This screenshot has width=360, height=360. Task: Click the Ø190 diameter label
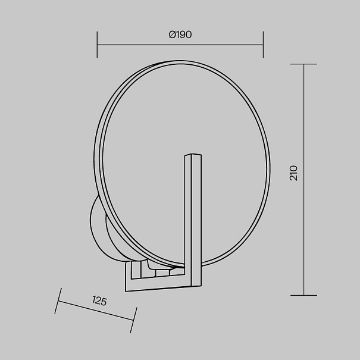pos(180,35)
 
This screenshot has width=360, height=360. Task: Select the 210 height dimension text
pos(293,173)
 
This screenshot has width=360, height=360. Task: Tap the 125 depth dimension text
pos(99,300)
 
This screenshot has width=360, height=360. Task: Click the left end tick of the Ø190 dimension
pos(97,45)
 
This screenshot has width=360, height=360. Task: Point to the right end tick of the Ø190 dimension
pos(263,45)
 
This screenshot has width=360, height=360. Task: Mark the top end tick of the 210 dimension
pos(303,64)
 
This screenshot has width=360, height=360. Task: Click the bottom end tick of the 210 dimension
pos(303,295)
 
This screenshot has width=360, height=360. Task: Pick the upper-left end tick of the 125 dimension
pos(58,300)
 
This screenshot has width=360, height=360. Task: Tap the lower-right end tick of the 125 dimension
pos(134,320)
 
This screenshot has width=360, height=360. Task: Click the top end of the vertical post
pos(193,155)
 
